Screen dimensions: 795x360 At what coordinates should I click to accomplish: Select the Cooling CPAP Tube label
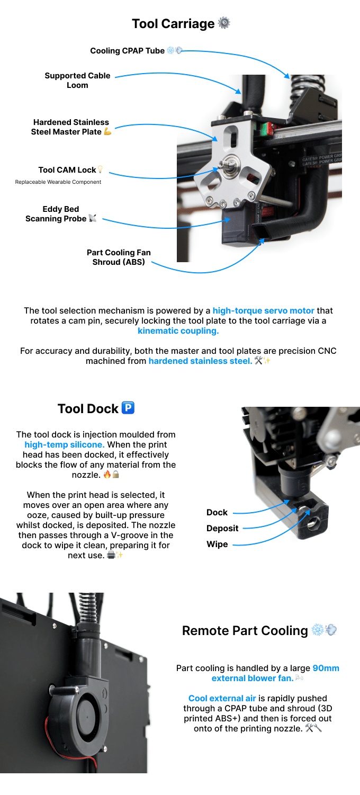(x=127, y=51)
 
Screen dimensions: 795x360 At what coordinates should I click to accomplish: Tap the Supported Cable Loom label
(x=77, y=81)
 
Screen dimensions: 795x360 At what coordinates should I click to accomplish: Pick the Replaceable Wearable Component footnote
(x=58, y=182)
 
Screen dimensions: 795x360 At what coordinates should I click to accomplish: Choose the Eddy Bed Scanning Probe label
(x=56, y=214)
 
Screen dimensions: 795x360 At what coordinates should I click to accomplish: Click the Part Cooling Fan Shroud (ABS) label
(x=119, y=257)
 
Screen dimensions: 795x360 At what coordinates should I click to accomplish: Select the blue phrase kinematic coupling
(x=178, y=331)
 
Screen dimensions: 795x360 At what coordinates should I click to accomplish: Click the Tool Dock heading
(x=88, y=409)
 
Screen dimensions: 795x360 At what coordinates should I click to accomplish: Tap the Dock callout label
(x=217, y=512)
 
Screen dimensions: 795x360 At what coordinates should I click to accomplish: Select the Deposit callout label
(x=222, y=528)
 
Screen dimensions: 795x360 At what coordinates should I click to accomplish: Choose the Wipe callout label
(x=217, y=544)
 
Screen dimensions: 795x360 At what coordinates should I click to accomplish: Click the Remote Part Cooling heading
(x=245, y=631)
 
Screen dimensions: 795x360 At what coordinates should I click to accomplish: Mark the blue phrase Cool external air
(x=222, y=699)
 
